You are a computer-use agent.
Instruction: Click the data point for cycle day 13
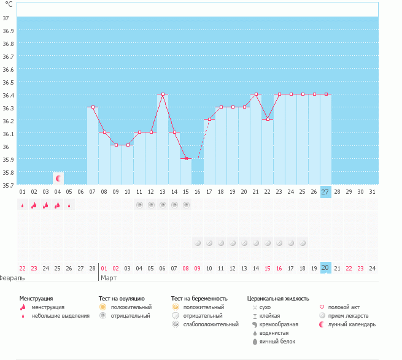pyautogui.click(x=163, y=94)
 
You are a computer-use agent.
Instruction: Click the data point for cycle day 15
pyautogui.click(x=186, y=158)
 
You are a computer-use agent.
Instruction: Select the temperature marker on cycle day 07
pyautogui.click(x=93, y=107)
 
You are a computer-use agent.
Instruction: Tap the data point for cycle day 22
pyautogui.click(x=268, y=120)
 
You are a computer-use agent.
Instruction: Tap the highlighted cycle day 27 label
pyautogui.click(x=325, y=192)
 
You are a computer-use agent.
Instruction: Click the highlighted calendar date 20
pyautogui.click(x=325, y=267)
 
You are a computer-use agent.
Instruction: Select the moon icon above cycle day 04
pyautogui.click(x=58, y=178)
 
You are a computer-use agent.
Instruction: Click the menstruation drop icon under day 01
pyautogui.click(x=23, y=205)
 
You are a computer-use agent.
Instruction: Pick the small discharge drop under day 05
pyautogui.click(x=69, y=205)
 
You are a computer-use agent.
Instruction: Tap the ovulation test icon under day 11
pyautogui.click(x=139, y=205)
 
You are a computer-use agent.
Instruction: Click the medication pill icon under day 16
pyautogui.click(x=198, y=243)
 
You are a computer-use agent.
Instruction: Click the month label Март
pyautogui.click(x=109, y=278)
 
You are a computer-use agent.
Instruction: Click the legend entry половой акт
pyautogui.click(x=344, y=307)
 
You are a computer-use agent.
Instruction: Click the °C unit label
pyautogui.click(x=9, y=5)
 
